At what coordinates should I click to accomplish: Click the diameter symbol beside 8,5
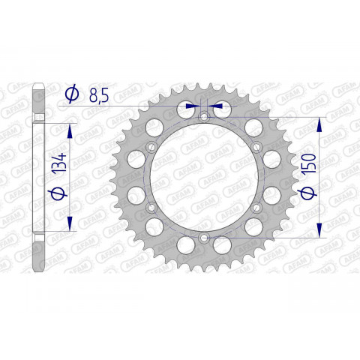point(73,94)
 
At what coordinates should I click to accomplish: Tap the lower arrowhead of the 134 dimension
point(70,223)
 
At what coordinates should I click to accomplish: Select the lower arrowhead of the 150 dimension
point(322,232)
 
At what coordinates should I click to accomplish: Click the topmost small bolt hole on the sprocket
point(204,117)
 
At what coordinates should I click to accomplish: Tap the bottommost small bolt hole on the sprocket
point(204,238)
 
